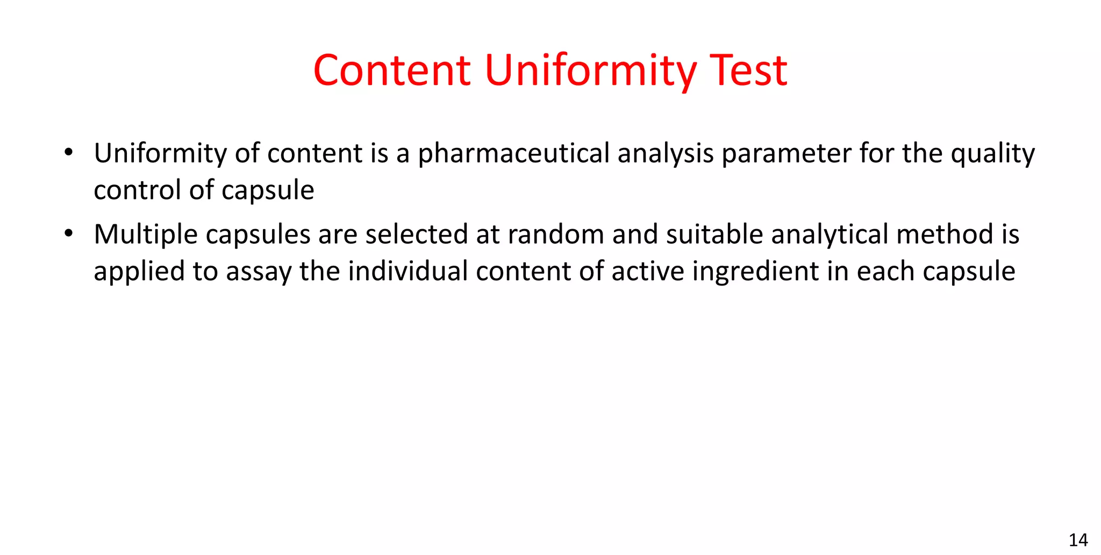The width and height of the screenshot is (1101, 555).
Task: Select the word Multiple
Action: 145,234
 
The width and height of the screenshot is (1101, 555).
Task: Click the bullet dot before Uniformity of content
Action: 68,153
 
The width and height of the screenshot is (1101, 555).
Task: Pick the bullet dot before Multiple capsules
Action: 68,234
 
